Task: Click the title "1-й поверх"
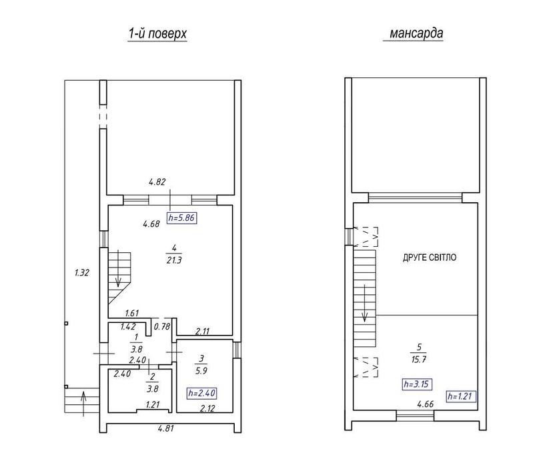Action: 157,34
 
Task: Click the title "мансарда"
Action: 416,33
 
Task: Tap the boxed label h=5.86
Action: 181,218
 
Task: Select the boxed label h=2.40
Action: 201,393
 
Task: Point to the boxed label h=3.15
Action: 418,384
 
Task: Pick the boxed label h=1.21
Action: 462,396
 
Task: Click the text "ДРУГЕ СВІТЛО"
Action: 430,258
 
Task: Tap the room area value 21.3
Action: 174,260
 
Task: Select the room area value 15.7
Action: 419,360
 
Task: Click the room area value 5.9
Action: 201,371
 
